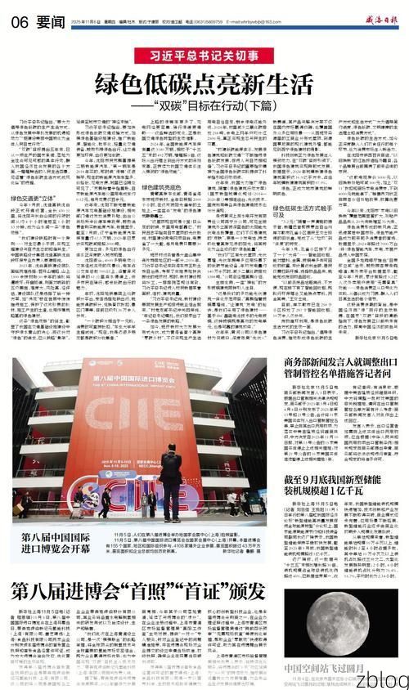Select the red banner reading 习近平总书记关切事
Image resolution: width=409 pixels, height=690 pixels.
204,57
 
